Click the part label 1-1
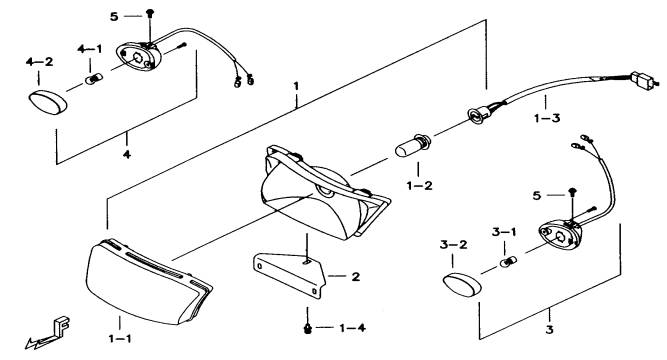(120, 339)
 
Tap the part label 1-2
(419, 186)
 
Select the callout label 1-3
(547, 118)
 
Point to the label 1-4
(352, 328)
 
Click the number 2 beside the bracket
(356, 277)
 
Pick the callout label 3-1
(504, 232)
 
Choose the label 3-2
(453, 245)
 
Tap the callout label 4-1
(90, 49)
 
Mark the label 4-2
(40, 62)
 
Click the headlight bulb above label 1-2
(413, 145)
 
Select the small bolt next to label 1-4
(307, 328)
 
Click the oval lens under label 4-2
(48, 103)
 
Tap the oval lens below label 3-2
(462, 285)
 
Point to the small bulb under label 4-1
(94, 79)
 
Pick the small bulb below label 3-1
(508, 262)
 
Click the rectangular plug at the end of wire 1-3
(643, 80)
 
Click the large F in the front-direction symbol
(62, 325)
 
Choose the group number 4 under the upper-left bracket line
(127, 154)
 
